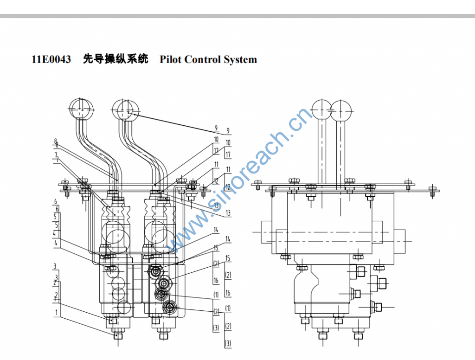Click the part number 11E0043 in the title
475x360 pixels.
(x=51, y=59)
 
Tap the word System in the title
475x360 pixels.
(x=240, y=59)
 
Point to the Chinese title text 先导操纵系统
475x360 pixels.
(x=116, y=59)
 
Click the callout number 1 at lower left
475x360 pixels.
(x=57, y=313)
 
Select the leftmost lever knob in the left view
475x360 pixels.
(x=81, y=109)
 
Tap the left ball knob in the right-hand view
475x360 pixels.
(x=322, y=109)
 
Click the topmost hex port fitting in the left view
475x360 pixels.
(x=155, y=270)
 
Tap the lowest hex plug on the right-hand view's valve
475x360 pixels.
(x=378, y=306)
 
